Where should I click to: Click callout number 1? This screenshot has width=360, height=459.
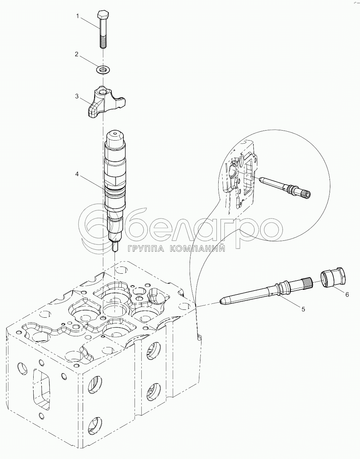(x=77, y=16)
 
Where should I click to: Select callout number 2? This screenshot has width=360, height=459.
(x=76, y=54)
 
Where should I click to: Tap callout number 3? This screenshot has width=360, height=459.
(x=77, y=96)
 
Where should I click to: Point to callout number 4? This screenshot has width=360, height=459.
(x=77, y=174)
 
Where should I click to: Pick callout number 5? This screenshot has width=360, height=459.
(x=303, y=309)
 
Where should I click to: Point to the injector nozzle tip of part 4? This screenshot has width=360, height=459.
(x=115, y=247)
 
